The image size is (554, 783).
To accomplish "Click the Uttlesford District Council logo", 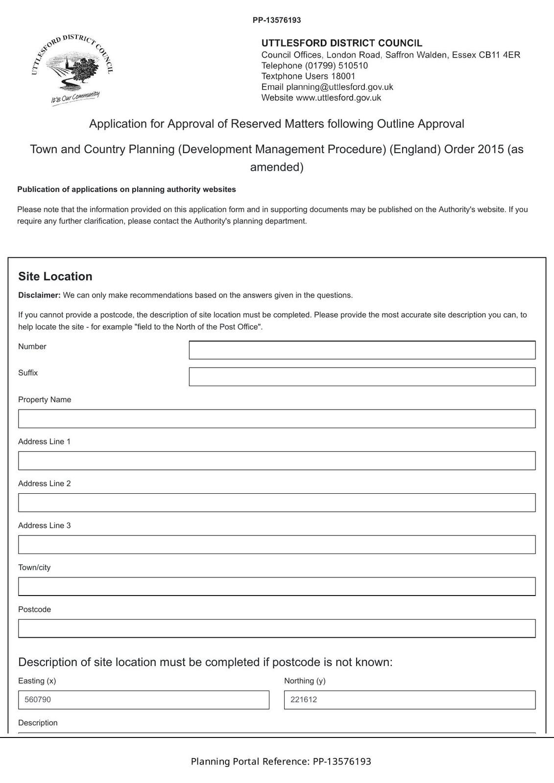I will [x=72, y=69].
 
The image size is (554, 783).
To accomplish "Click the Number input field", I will [x=362, y=350].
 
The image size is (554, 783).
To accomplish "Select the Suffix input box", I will [x=362, y=377].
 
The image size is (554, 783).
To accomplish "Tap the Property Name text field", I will [x=277, y=419].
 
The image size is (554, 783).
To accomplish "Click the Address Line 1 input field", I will [x=277, y=461].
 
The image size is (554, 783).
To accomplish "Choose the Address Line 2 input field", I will [x=277, y=503].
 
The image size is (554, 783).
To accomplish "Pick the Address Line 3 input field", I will [x=277, y=545].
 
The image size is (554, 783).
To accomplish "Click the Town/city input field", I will [x=277, y=586].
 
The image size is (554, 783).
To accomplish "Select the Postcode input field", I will [x=277, y=628].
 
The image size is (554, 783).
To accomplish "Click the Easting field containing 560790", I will [x=144, y=700].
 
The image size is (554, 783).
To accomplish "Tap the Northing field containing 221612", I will [x=409, y=700].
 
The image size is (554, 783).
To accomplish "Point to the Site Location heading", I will [x=55, y=276].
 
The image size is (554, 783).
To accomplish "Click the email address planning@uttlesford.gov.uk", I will [x=339, y=87].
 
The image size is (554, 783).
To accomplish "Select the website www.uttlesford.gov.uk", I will [x=338, y=98].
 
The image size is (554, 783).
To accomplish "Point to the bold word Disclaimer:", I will [x=39, y=295].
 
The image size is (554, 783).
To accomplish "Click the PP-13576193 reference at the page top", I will [x=277, y=20].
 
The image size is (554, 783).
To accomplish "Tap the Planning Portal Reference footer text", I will [x=281, y=761].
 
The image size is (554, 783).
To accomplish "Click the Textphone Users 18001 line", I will [x=308, y=76].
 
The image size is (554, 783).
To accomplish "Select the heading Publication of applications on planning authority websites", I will [x=126, y=189].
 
